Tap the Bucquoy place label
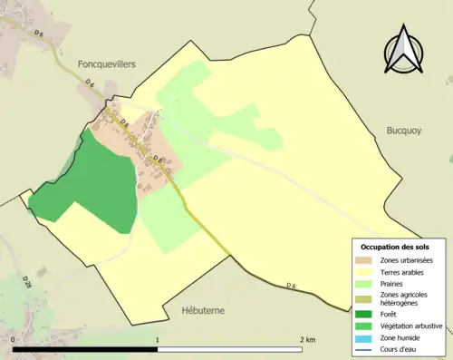click(x=408, y=130)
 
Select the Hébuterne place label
click(x=202, y=310)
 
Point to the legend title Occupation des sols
click(x=395, y=247)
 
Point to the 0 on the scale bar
click(x=14, y=340)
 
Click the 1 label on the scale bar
click(x=158, y=340)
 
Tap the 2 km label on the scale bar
click(x=307, y=340)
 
